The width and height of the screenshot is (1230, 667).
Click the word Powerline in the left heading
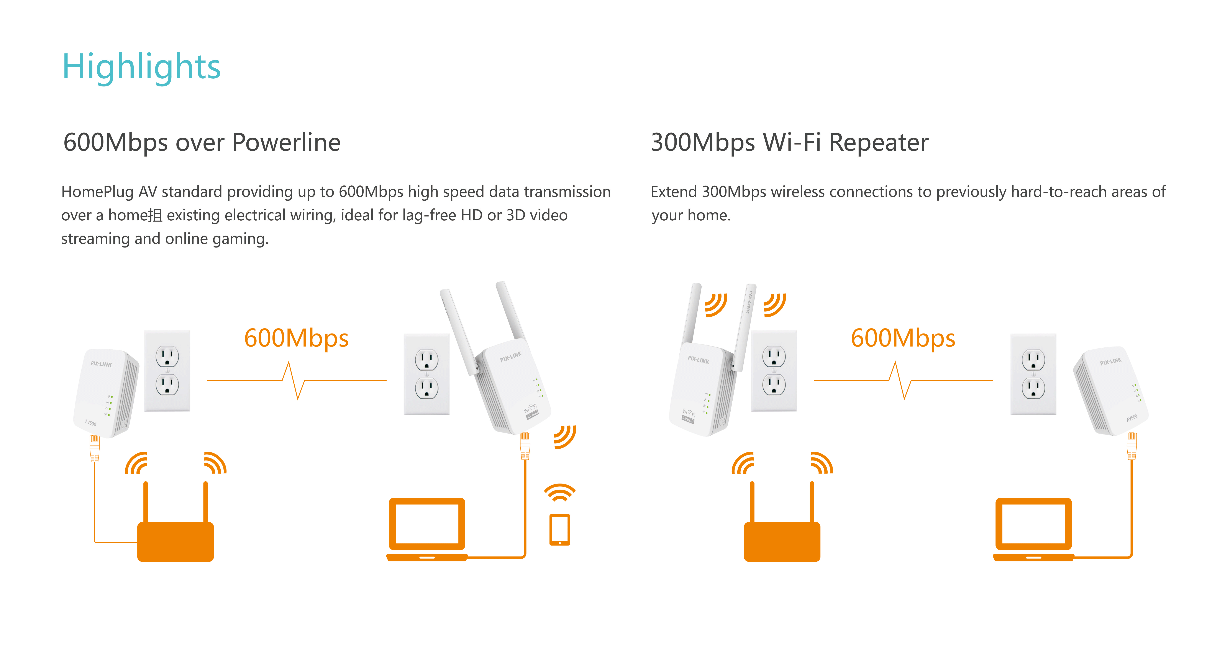287,142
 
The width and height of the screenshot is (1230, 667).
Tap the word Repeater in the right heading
879,142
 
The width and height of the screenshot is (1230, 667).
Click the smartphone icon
560,529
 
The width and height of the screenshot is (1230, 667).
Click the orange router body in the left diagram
175,541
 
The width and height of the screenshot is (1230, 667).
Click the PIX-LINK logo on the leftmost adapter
101,364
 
